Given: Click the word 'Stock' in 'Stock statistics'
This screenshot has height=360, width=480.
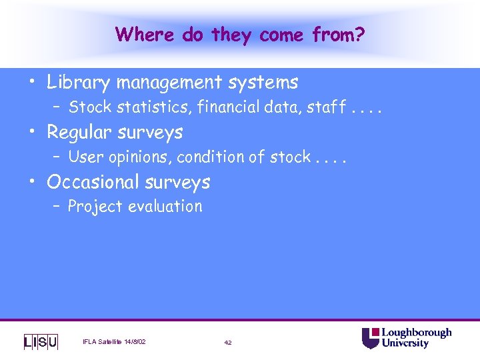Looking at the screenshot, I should pyautogui.click(x=87, y=107).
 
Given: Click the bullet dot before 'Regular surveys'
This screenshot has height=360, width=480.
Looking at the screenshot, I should pyautogui.click(x=33, y=132).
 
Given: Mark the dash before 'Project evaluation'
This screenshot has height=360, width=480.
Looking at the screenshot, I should pyautogui.click(x=57, y=207).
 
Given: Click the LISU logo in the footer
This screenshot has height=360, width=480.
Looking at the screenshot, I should pyautogui.click(x=41, y=341).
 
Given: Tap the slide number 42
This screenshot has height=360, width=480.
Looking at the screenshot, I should pyautogui.click(x=228, y=343).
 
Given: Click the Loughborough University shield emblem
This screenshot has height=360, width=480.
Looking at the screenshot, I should pyautogui.click(x=370, y=337).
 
